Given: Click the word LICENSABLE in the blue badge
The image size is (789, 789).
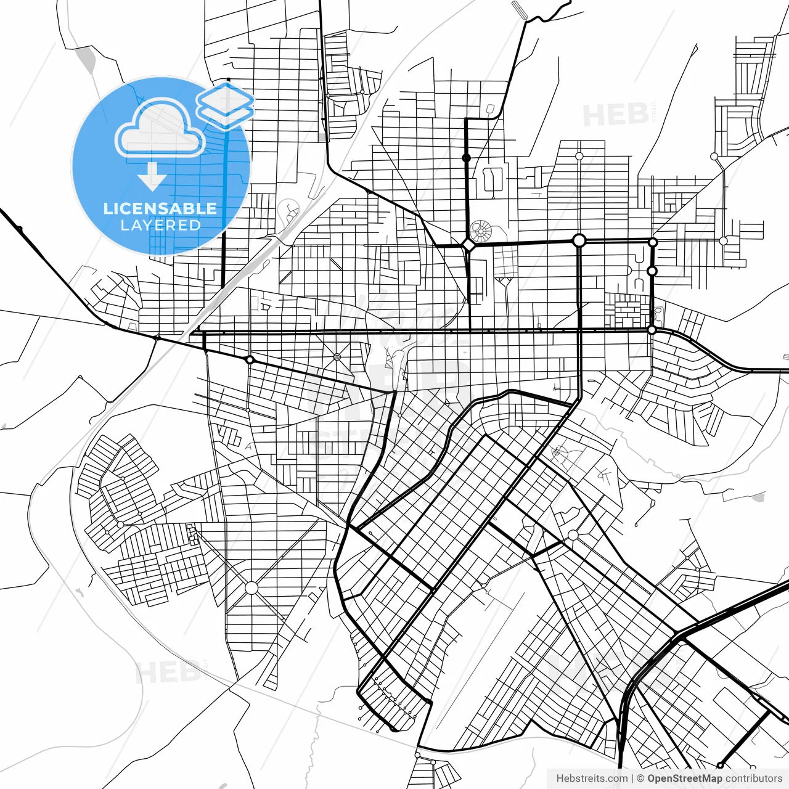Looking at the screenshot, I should click(x=160, y=208).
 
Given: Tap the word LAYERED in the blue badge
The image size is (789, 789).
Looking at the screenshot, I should click(x=160, y=226).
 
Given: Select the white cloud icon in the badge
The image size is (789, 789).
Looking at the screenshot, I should click(x=160, y=129).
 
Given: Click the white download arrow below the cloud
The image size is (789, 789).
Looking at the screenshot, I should click(x=152, y=176).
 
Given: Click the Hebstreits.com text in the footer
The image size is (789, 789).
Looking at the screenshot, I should click(x=592, y=779).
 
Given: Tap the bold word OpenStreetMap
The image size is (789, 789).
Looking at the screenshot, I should click(x=685, y=779).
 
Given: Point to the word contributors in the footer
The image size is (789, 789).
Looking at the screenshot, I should click(x=754, y=779).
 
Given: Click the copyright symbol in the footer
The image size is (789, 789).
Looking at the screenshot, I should click(x=640, y=779).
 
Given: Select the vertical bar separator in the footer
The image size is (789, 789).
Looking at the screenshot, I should click(x=632, y=779).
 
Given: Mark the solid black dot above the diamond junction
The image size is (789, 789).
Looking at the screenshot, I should click(x=467, y=158).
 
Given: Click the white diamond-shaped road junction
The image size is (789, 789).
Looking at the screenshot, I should click(x=468, y=245).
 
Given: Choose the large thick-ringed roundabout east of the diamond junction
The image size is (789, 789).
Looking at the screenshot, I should click(x=579, y=240).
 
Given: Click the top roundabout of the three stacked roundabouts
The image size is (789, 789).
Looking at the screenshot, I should click(x=653, y=242).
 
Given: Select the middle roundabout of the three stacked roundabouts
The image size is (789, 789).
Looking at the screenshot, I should click(x=652, y=271).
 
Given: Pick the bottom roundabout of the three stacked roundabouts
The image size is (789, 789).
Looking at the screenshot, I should click(x=652, y=330).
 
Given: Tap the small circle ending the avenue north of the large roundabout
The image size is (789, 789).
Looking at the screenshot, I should click(x=579, y=156).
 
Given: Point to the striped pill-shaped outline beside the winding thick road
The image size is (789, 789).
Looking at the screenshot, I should click(x=519, y=9).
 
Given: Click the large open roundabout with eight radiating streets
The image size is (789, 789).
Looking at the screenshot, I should click(x=251, y=587).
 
